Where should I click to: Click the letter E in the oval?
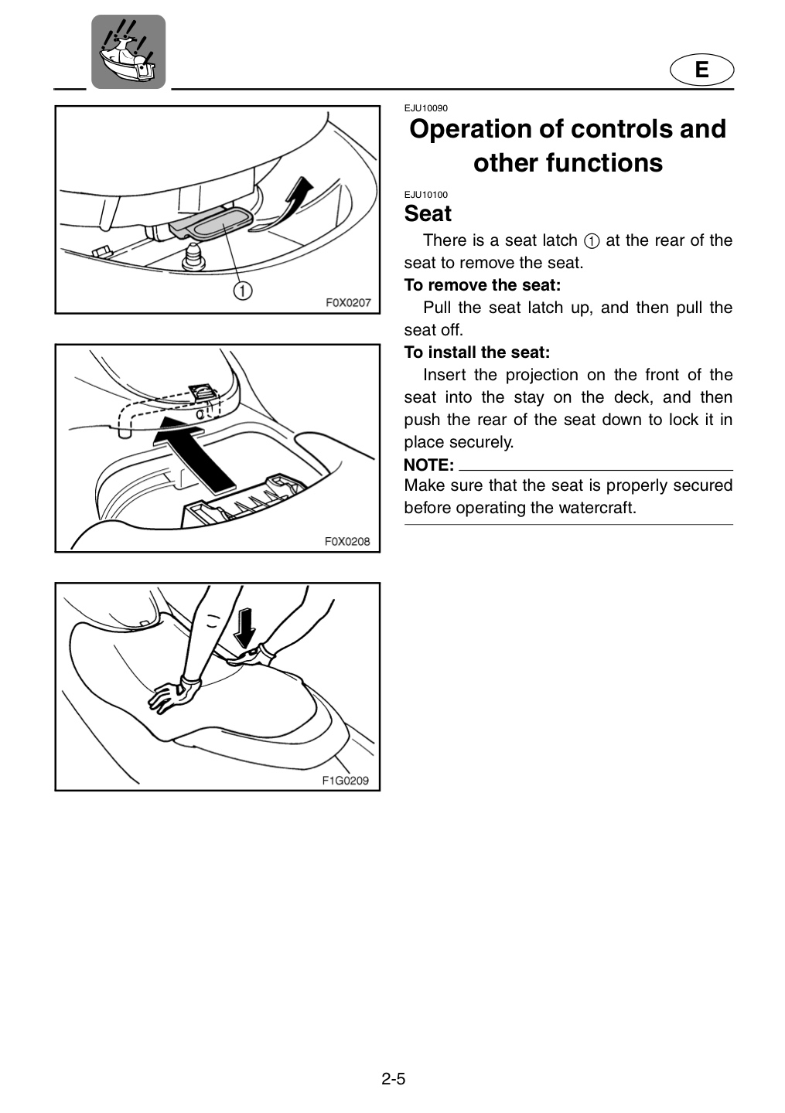click(701, 70)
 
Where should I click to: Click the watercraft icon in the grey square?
click(128, 51)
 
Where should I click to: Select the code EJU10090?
click(425, 108)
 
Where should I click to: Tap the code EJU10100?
click(425, 195)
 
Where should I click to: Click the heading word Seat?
click(428, 213)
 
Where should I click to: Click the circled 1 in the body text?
click(592, 241)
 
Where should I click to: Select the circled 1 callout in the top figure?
click(243, 291)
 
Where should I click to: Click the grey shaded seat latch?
click(212, 223)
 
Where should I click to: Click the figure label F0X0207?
click(348, 303)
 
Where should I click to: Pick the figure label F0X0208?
click(347, 541)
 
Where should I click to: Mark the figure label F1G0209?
click(345, 781)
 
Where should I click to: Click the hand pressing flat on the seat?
click(174, 693)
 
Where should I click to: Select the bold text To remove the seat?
click(483, 285)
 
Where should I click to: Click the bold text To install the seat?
click(476, 352)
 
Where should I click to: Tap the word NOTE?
click(428, 465)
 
